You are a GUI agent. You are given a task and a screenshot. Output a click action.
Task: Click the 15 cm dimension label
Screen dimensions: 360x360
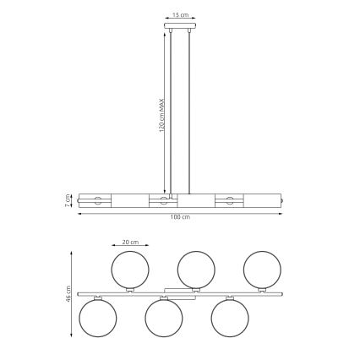179,15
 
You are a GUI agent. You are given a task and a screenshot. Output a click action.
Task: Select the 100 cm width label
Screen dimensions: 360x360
179,218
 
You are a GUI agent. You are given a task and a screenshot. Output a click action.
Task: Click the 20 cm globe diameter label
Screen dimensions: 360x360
129,243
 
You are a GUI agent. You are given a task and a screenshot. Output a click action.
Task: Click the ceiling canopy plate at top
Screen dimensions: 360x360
179,25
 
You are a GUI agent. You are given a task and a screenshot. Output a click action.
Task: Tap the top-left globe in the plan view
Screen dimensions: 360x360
129,270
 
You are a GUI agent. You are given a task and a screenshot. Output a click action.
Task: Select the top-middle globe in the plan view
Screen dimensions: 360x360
195,270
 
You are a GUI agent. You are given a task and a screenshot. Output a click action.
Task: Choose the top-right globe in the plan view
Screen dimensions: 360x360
261,270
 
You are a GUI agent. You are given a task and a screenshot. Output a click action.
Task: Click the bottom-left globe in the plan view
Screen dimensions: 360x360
97,318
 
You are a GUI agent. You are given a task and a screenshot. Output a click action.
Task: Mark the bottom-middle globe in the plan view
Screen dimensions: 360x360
163,318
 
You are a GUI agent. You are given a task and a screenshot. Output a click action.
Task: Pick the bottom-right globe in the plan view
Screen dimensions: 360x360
229,318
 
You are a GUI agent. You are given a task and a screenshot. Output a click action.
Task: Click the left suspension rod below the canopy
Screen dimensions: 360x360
171,110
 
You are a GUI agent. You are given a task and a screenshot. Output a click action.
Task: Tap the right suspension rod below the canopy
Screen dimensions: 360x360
188,110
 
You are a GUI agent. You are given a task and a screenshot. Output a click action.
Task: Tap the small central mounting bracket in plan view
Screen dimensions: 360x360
179,290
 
